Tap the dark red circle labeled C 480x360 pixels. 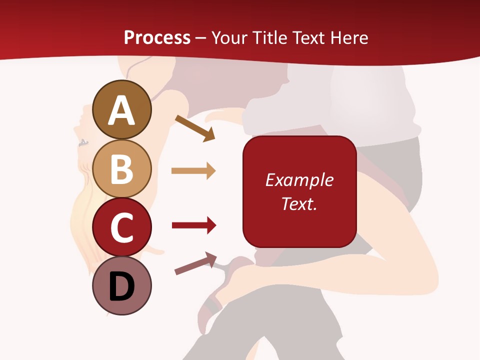click(x=121, y=227)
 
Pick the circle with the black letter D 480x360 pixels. click(x=121, y=286)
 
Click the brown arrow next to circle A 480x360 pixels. click(x=195, y=127)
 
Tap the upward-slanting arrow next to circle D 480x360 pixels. click(x=195, y=263)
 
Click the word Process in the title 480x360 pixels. click(x=157, y=37)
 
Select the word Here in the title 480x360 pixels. click(x=348, y=37)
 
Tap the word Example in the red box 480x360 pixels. click(x=299, y=180)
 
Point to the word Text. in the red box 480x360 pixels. click(x=299, y=203)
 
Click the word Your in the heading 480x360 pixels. click(x=228, y=37)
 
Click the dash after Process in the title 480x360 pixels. click(x=200, y=38)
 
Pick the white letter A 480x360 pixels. click(x=121, y=110)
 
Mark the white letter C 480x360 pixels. click(x=121, y=228)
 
